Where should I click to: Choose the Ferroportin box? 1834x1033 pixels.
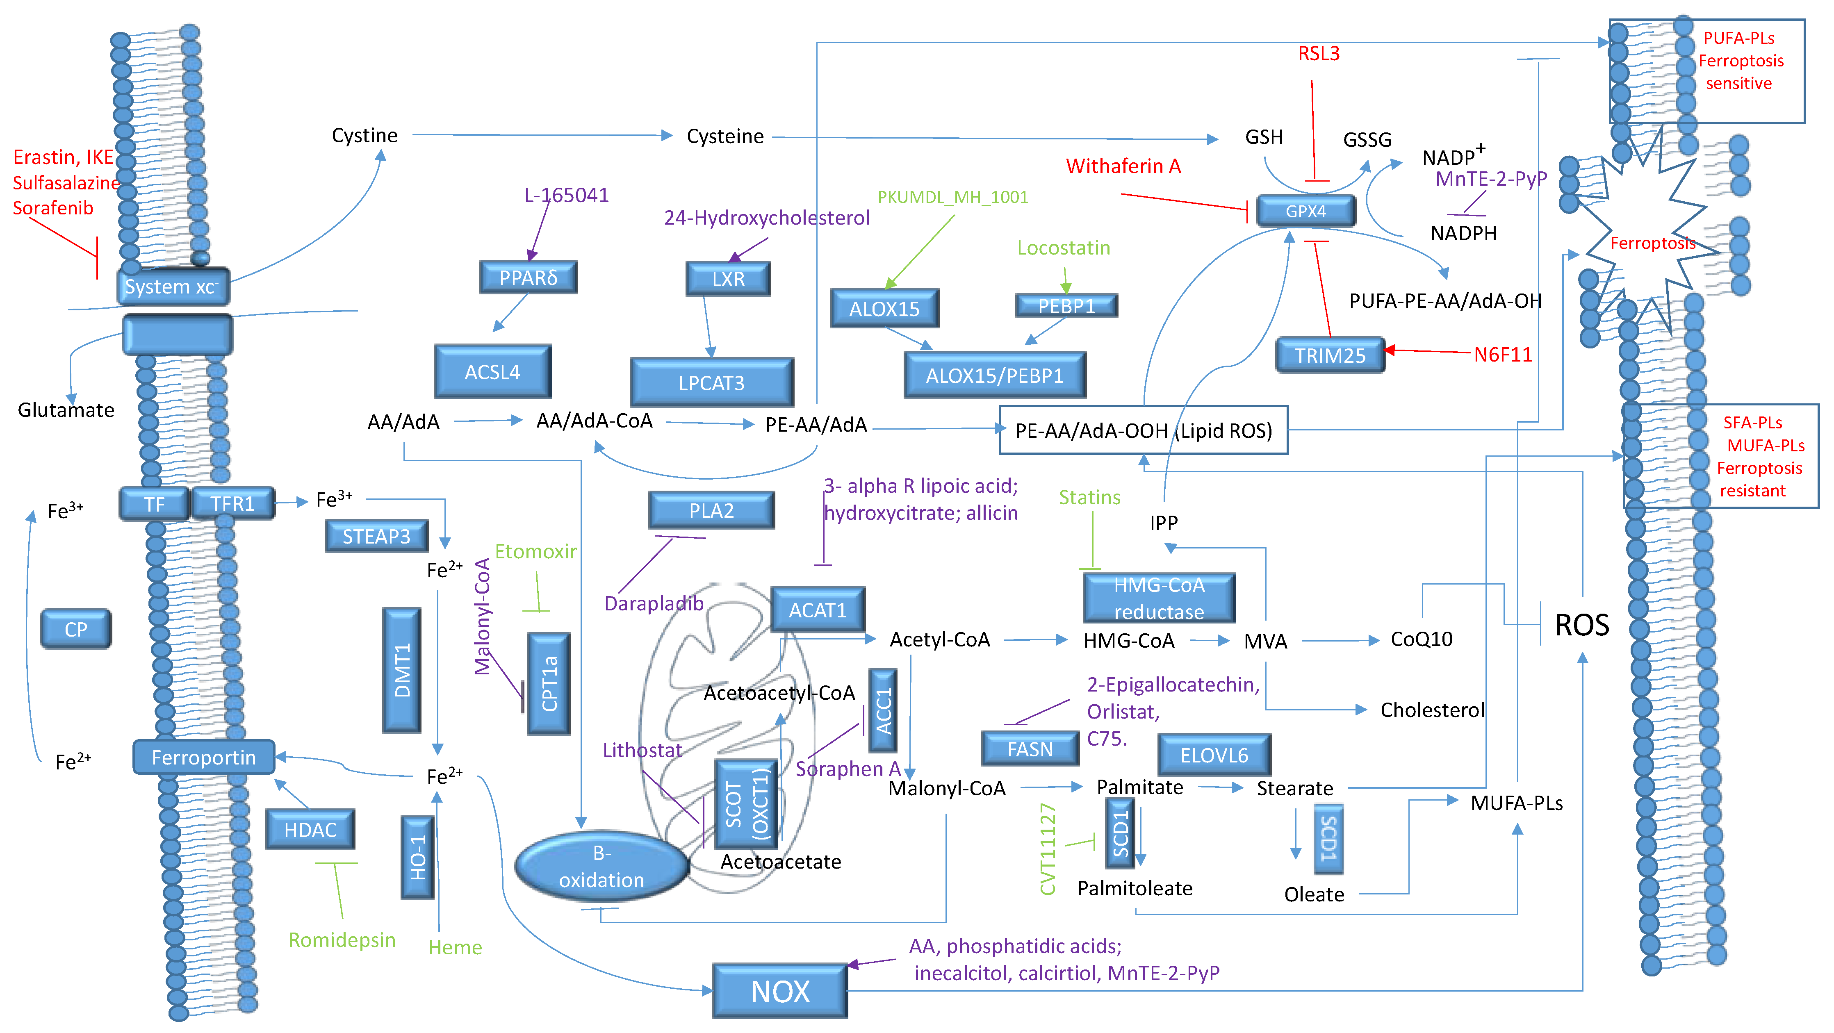click(x=204, y=757)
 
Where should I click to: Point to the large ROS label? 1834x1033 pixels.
click(x=1581, y=625)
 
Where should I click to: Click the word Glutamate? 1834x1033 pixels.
click(x=66, y=410)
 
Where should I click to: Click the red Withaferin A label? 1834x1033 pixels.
click(x=1123, y=166)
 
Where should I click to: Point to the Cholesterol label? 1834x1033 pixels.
click(x=1432, y=710)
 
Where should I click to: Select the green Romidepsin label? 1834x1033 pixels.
click(x=342, y=940)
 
